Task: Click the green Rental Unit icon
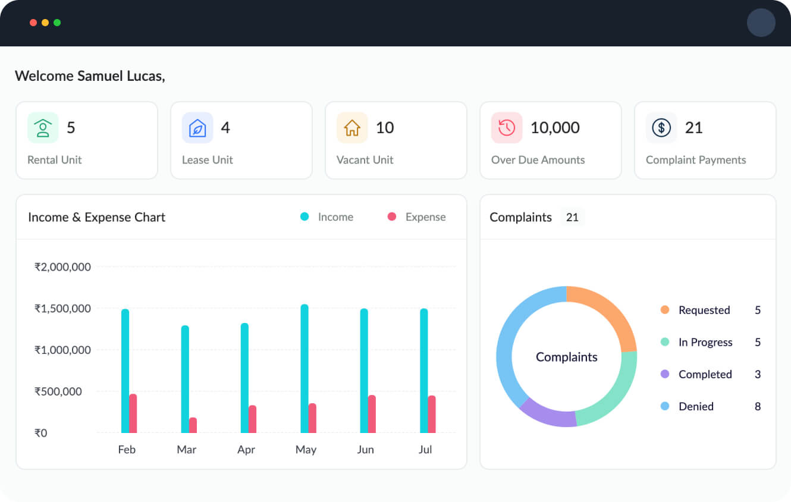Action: click(x=43, y=128)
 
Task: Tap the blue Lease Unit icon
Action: click(x=197, y=128)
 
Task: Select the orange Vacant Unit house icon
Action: click(x=352, y=128)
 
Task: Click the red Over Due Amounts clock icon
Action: click(x=507, y=128)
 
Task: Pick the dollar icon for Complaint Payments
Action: click(x=661, y=128)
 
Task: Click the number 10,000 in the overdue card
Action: click(x=555, y=128)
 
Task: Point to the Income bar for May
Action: click(x=305, y=369)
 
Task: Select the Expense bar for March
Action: click(x=193, y=425)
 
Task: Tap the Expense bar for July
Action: click(x=432, y=414)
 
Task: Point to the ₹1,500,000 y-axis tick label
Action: click(x=62, y=309)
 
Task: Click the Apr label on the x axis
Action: click(x=246, y=450)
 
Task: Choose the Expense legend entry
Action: click(x=417, y=217)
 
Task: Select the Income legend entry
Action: click(x=327, y=217)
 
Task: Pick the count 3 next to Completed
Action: click(x=758, y=374)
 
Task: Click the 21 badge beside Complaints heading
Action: click(x=572, y=217)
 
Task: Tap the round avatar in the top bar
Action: click(x=761, y=23)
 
